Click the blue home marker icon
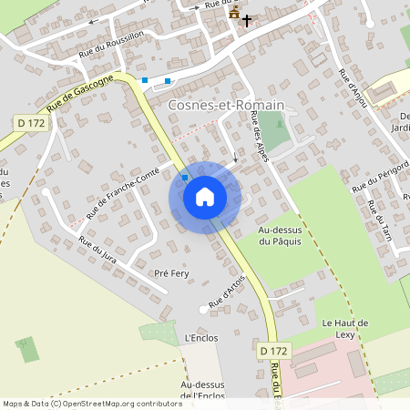(205, 197)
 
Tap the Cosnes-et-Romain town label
(227, 106)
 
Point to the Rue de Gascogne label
(80, 94)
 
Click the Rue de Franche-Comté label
(123, 192)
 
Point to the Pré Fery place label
(171, 273)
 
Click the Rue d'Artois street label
(228, 291)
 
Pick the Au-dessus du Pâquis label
(280, 236)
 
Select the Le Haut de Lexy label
(344, 329)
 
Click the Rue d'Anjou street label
(353, 87)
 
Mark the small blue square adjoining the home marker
(185, 177)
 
